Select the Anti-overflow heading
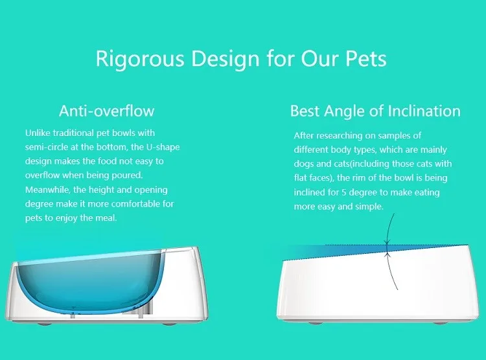coord(106,111)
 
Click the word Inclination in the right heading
coord(424,111)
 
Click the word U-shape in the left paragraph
coord(161,147)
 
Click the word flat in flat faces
coord(303,178)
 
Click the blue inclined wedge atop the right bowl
coord(324,250)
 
